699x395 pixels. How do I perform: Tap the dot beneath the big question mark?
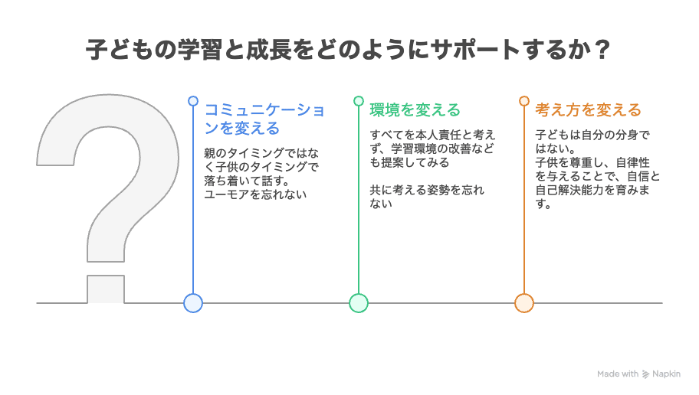click(x=106, y=289)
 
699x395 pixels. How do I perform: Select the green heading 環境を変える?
click(x=415, y=110)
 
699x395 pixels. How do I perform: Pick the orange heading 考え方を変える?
click(x=588, y=110)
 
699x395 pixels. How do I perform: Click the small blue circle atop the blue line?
click(x=193, y=101)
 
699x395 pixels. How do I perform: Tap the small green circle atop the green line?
click(x=359, y=101)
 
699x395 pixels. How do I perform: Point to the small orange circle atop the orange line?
click(x=524, y=101)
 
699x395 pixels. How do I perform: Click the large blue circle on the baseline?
click(x=193, y=303)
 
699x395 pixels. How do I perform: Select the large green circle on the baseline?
click(x=359, y=303)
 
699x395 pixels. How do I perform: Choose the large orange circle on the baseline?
click(x=524, y=303)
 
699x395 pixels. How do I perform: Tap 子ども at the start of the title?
click(x=114, y=51)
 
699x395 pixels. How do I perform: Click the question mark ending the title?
click(x=602, y=51)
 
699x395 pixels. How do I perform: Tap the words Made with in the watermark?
click(x=618, y=374)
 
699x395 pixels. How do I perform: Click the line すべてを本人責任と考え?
click(x=432, y=135)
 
